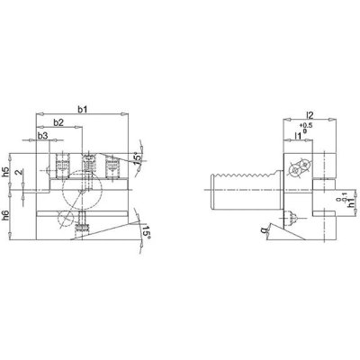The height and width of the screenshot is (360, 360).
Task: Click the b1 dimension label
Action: (82, 109)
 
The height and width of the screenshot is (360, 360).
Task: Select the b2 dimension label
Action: (58, 121)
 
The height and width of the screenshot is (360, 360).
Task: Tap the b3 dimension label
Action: (42, 135)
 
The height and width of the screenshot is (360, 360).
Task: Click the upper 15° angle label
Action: (137, 158)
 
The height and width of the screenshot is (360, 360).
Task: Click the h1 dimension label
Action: (327, 205)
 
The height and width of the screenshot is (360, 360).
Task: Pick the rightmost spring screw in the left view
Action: (111, 166)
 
